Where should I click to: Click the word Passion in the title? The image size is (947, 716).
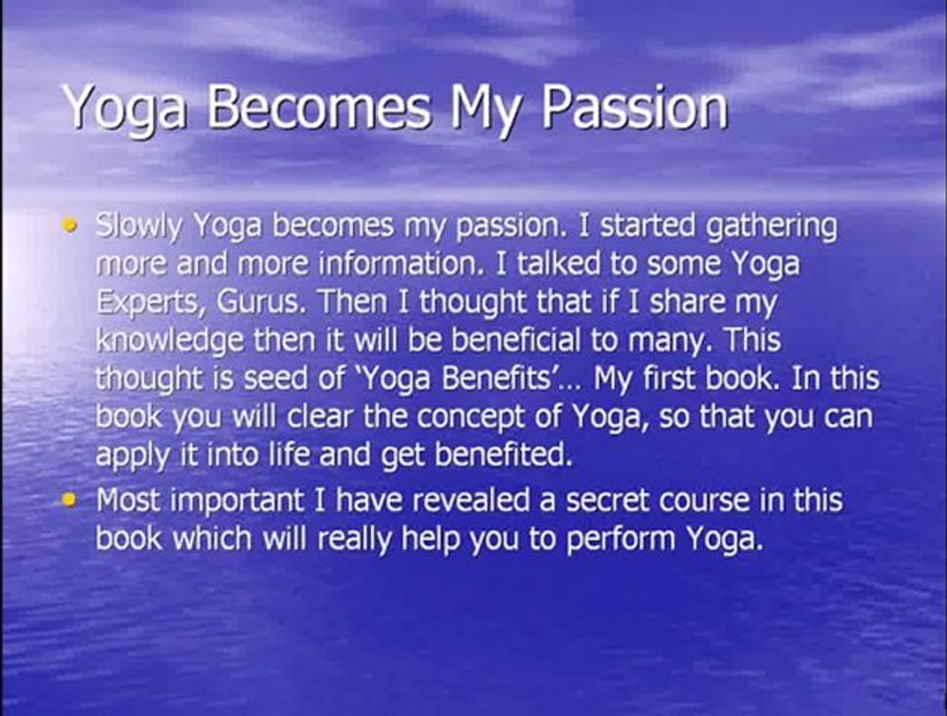634,106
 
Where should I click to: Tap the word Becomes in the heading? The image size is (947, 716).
319,106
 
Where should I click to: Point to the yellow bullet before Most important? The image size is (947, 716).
71,500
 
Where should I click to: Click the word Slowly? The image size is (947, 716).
138,228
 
